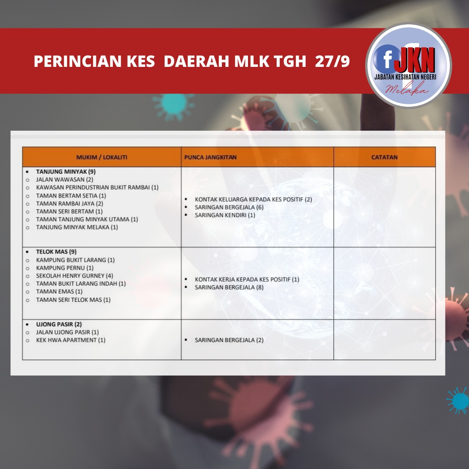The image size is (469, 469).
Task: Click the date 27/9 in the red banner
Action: point(332,61)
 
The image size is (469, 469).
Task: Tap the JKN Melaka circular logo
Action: point(408,65)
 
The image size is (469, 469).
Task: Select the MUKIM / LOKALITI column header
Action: point(102,157)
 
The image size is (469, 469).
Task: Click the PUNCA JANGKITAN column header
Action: point(210,157)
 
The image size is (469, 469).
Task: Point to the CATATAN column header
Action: point(384,157)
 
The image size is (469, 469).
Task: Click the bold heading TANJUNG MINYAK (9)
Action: point(66,172)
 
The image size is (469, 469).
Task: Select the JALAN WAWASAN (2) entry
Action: point(65,179)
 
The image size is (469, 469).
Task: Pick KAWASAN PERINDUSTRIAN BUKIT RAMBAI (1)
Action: point(97,187)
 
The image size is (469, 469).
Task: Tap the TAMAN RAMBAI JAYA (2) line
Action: point(69,203)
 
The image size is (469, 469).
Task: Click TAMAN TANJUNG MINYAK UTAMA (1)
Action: point(87,219)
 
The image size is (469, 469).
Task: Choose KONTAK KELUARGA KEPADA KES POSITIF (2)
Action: point(253,199)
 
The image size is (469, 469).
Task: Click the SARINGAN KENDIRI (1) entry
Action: point(225,215)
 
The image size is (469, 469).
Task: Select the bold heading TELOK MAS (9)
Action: point(56,251)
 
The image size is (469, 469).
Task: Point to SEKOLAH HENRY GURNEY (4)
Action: point(75,275)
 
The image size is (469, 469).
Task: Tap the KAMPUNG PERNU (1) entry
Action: point(65,268)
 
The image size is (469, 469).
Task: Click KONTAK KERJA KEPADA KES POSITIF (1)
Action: point(247,279)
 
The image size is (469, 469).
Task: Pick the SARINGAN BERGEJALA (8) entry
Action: point(229,287)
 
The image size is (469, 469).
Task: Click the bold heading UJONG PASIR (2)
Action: point(59,324)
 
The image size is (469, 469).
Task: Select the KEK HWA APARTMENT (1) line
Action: point(71,340)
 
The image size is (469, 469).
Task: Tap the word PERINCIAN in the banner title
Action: point(78,61)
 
